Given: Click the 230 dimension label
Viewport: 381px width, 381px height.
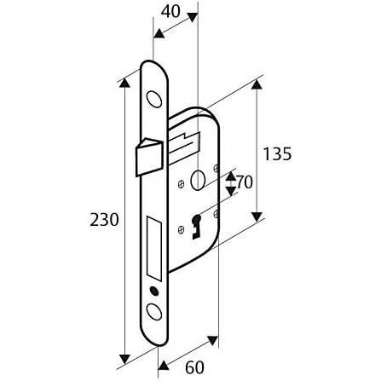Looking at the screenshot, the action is pos(104,220).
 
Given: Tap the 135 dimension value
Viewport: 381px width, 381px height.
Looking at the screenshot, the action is pos(277,154).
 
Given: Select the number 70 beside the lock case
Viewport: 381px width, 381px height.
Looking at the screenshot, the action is pos(244,182).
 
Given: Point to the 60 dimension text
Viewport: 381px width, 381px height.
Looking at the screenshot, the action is pos(194,367).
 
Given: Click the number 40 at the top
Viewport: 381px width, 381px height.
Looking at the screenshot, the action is pos(170,12).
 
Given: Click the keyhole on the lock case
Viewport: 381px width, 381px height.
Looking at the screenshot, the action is pos(196,226).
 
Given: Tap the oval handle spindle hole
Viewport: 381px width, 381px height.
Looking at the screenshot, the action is pos(197,181).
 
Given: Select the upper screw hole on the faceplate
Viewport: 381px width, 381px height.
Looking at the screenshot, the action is pos(153,100).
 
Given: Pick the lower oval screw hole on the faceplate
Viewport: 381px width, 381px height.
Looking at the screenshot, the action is pos(155,312).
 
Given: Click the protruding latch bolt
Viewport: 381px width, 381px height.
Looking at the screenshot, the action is pos(149,156).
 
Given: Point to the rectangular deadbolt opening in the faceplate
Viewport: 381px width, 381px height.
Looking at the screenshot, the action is pos(154,247).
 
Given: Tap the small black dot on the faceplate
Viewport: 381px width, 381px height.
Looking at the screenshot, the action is pos(154,292).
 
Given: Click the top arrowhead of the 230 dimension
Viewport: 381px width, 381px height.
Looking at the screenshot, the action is pos(124,83).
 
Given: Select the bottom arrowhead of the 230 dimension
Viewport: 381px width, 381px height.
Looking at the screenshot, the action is pos(124,359).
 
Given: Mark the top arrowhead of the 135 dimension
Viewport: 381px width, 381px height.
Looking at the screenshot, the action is pos(257,84).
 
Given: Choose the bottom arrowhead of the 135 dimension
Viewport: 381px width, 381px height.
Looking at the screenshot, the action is pos(257,217).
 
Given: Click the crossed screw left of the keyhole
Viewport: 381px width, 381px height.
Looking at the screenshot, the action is pos(181,229).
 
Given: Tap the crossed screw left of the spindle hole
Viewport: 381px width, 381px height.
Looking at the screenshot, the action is pos(181,184).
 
